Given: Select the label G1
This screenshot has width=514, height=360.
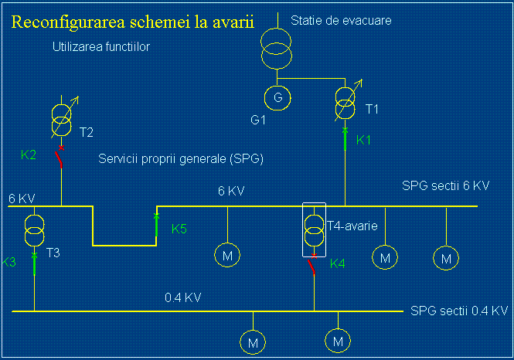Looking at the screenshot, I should [257, 121].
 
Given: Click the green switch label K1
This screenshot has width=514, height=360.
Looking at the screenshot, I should [364, 141].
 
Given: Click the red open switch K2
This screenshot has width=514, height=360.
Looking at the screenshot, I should [60, 157].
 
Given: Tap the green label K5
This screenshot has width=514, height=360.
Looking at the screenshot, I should [179, 229].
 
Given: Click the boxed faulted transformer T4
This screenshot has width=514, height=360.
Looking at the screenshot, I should [314, 229].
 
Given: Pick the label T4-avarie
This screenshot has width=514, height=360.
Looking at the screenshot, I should [352, 226].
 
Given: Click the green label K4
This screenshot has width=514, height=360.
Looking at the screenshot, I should [338, 264].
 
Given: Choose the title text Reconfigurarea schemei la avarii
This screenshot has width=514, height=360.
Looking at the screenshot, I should [132, 22].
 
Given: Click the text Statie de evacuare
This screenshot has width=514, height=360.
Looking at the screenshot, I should [341, 20].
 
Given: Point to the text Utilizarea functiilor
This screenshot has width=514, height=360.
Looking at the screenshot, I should [100, 48].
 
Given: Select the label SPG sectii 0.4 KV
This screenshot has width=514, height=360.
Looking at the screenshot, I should [459, 311].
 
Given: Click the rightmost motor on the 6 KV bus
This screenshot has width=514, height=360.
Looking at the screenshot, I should [445, 258].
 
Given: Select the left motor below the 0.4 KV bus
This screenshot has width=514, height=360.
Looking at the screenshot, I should [253, 340].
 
